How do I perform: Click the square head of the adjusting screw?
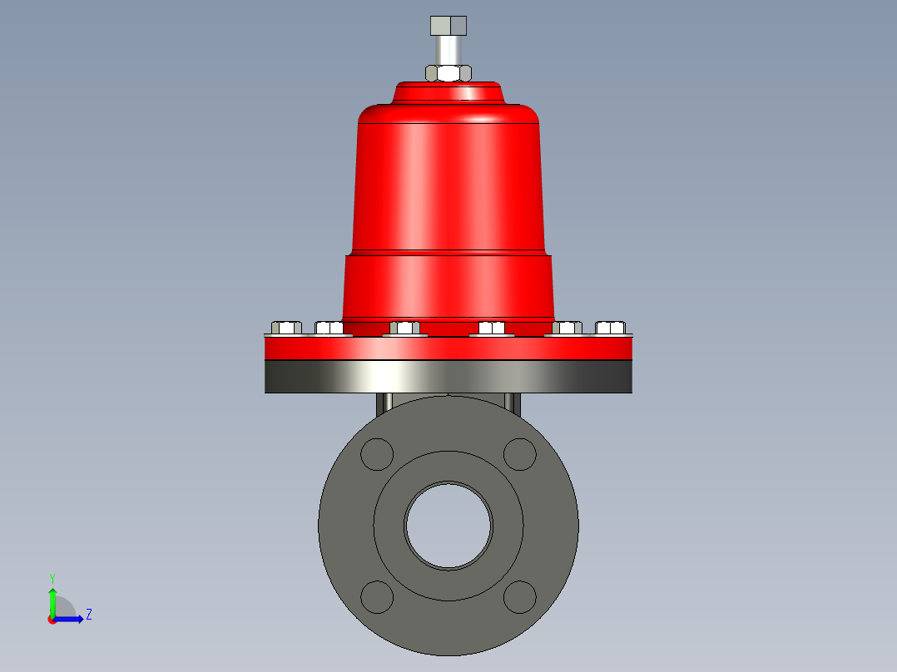448,25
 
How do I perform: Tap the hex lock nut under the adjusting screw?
448,72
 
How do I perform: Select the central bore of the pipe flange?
448,525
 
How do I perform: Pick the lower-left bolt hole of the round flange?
377,596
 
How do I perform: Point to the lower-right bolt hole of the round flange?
520,596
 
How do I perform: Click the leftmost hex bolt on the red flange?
286,328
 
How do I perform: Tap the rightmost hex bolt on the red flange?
610,328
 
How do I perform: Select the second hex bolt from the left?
329,328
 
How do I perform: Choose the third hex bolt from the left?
404,328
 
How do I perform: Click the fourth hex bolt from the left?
492,328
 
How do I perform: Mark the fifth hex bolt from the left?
567,328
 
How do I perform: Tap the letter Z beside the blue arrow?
88,615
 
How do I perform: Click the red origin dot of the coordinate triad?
52,620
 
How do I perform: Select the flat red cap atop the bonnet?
448,91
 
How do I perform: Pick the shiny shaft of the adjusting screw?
448,50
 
